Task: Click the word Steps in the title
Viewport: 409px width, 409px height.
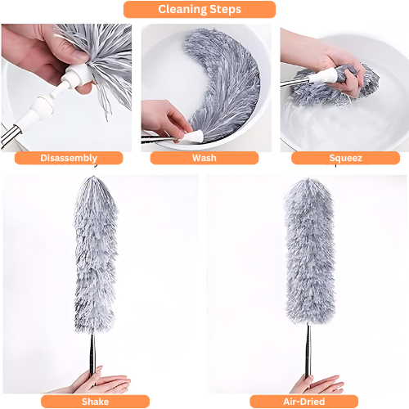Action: [226, 10]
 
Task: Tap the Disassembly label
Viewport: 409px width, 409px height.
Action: [69, 158]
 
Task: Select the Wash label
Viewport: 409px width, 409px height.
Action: [204, 158]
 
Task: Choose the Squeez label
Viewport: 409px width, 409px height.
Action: [345, 158]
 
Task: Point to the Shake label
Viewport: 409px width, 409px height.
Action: [95, 402]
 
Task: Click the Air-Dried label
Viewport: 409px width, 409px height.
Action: [303, 402]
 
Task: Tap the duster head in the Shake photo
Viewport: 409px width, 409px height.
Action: [96, 255]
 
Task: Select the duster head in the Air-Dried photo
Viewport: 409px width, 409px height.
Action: [309, 251]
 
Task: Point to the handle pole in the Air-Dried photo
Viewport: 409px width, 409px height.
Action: [308, 350]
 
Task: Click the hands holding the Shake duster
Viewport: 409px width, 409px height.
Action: [100, 380]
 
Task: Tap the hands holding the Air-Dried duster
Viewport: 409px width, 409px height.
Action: [317, 383]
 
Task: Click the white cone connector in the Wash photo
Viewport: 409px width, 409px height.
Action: [194, 136]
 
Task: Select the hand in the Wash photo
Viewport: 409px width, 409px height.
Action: [166, 119]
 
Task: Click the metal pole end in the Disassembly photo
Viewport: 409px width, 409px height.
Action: [11, 136]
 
